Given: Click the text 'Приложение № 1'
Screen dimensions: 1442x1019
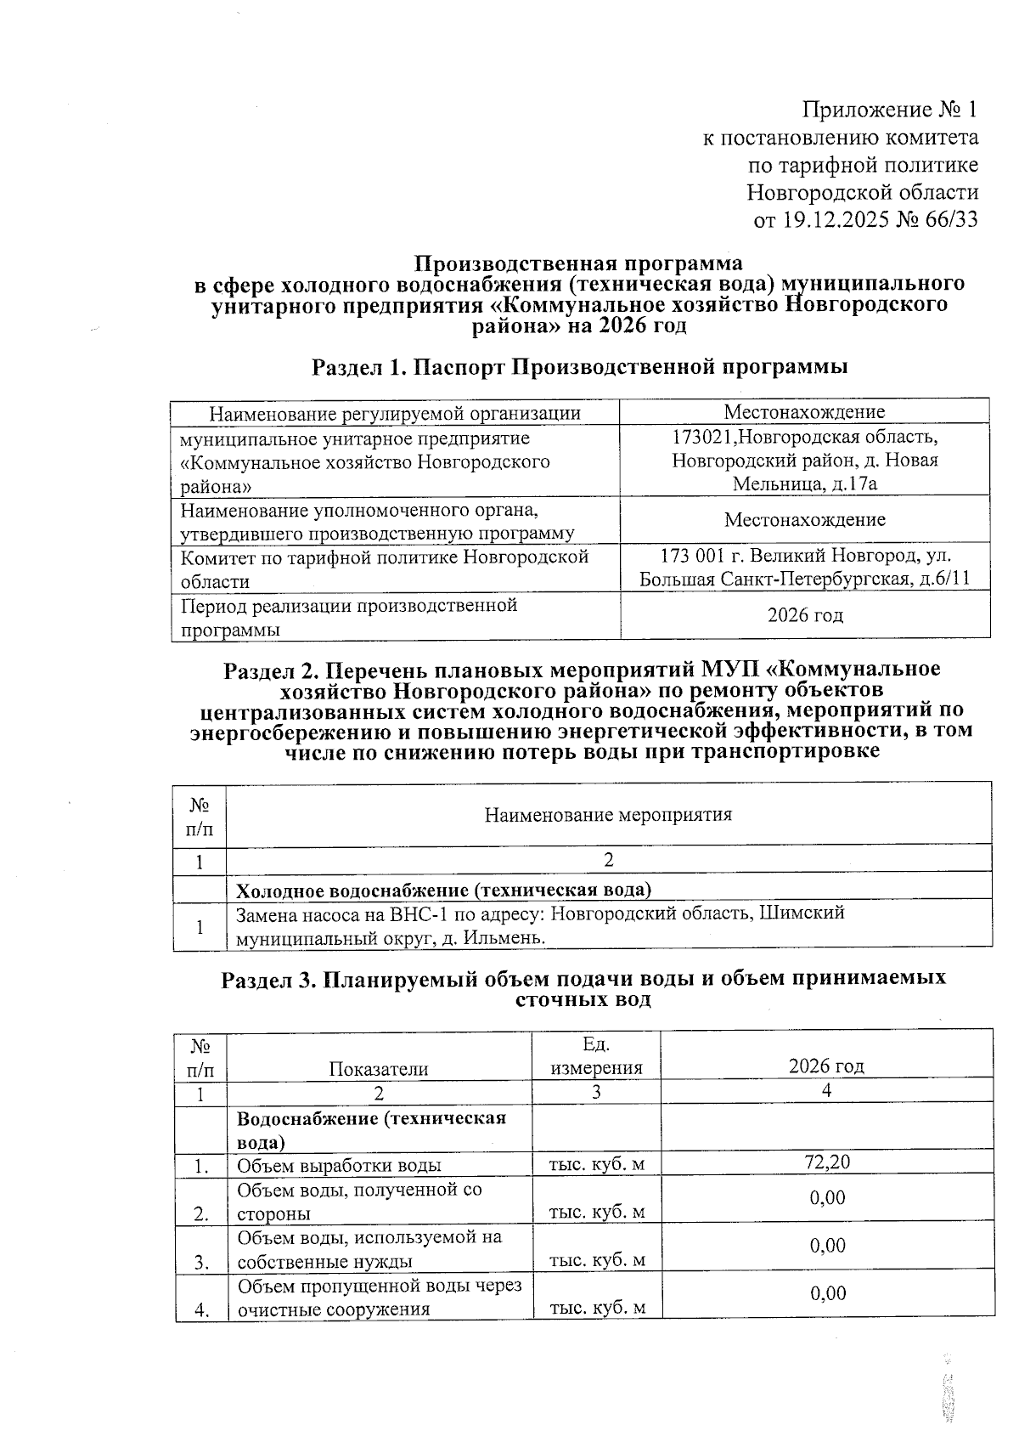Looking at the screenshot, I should tap(890, 110).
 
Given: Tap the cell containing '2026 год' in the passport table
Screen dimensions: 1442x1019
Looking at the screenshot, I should tap(805, 614).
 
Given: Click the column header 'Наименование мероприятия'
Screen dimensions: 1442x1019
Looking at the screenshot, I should tap(608, 815).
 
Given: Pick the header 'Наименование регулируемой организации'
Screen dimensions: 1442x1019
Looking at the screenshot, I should tap(395, 414).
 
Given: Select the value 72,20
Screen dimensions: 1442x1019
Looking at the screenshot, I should tap(827, 1162).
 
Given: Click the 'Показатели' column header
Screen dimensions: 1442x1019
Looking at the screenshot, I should tap(379, 1069).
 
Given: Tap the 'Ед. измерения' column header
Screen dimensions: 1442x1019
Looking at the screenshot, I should tap(596, 1056).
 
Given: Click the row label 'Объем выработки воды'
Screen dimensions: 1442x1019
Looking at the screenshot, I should tap(339, 1165).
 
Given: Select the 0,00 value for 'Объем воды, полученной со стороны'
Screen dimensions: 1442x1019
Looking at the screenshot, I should tap(827, 1197).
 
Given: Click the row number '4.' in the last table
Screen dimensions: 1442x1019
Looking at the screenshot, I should tap(201, 1309).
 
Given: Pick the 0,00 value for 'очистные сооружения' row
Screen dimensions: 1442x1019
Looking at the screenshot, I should tap(827, 1292).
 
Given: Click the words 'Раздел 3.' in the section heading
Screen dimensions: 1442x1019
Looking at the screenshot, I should tap(268, 979).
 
